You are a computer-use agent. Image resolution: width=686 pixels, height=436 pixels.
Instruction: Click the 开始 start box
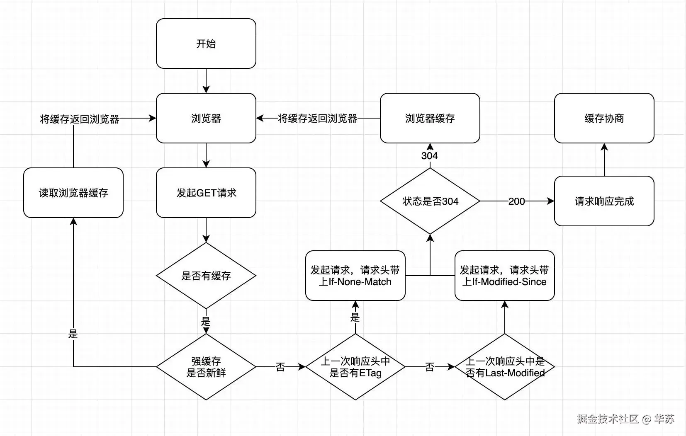click(x=206, y=44)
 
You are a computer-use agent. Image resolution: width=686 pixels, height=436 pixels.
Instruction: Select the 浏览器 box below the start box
click(x=206, y=118)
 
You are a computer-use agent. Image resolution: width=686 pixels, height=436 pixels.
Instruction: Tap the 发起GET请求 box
click(x=206, y=193)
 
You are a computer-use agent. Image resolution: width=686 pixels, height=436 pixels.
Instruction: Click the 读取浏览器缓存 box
click(x=73, y=193)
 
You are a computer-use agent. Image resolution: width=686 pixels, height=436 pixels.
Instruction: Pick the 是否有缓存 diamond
click(x=206, y=276)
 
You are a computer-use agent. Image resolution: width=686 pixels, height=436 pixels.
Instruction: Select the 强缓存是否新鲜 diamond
click(x=206, y=367)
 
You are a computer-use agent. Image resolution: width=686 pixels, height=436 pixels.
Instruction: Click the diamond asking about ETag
click(x=355, y=367)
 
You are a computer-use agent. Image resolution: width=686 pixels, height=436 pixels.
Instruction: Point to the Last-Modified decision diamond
click(x=504, y=367)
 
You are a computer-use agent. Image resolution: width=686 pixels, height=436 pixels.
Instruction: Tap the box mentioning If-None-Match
click(x=355, y=276)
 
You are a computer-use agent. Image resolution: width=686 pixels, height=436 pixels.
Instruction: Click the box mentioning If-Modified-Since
click(x=504, y=276)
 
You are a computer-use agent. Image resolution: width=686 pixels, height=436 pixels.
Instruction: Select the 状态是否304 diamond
click(x=430, y=201)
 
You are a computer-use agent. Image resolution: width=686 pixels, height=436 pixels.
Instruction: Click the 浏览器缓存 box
click(x=430, y=118)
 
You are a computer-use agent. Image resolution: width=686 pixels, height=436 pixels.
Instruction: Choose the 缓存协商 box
click(x=604, y=118)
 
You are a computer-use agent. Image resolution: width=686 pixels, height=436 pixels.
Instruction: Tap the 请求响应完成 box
click(x=604, y=201)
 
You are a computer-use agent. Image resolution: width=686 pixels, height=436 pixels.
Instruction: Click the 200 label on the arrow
click(x=516, y=201)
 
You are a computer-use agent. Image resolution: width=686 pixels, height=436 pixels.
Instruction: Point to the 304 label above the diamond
click(x=429, y=156)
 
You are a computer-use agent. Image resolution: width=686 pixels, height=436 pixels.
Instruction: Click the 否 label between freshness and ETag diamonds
click(x=280, y=367)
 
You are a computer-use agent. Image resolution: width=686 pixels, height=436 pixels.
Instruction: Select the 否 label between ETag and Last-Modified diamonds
click(x=430, y=367)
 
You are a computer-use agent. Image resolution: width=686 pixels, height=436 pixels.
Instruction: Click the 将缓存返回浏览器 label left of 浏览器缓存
click(x=318, y=119)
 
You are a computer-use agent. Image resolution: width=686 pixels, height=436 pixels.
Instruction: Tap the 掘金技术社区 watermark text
click(x=608, y=419)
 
